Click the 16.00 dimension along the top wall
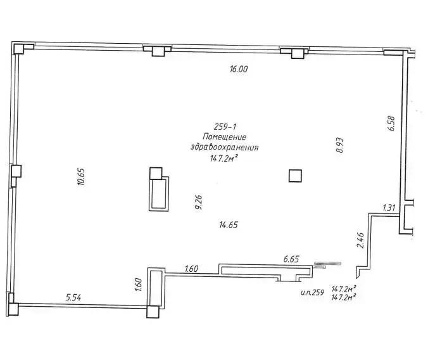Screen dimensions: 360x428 click(238, 70)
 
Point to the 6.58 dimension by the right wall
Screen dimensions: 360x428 click(390, 123)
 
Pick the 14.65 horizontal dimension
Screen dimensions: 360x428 click(229, 224)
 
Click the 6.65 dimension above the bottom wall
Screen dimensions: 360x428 click(291, 259)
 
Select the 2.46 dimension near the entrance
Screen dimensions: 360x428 click(360, 241)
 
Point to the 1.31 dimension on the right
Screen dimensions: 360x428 click(389, 207)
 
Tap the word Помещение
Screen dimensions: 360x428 click(224, 138)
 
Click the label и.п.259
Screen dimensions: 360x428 click(313, 292)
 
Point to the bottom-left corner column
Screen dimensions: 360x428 click(13, 307)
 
